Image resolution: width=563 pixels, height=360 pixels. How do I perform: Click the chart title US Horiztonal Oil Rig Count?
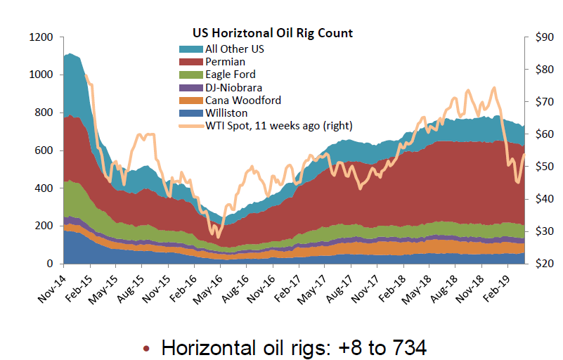pyautogui.click(x=273, y=33)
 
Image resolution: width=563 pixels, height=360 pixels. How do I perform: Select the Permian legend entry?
pyautogui.click(x=225, y=62)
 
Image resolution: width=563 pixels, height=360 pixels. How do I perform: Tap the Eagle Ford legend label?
pyautogui.click(x=230, y=75)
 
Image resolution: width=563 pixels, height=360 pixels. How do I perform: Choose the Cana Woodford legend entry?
pyautogui.click(x=242, y=100)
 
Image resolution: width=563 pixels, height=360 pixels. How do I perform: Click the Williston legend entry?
pyautogui.click(x=227, y=112)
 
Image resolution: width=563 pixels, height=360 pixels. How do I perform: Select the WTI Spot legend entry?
pyautogui.click(x=278, y=125)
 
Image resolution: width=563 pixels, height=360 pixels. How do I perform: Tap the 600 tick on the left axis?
pyautogui.click(x=44, y=150)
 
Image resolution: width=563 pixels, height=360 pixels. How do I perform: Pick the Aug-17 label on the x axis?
pyautogui.click(x=340, y=283)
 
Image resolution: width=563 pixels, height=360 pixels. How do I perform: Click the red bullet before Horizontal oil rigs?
pyautogui.click(x=146, y=348)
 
